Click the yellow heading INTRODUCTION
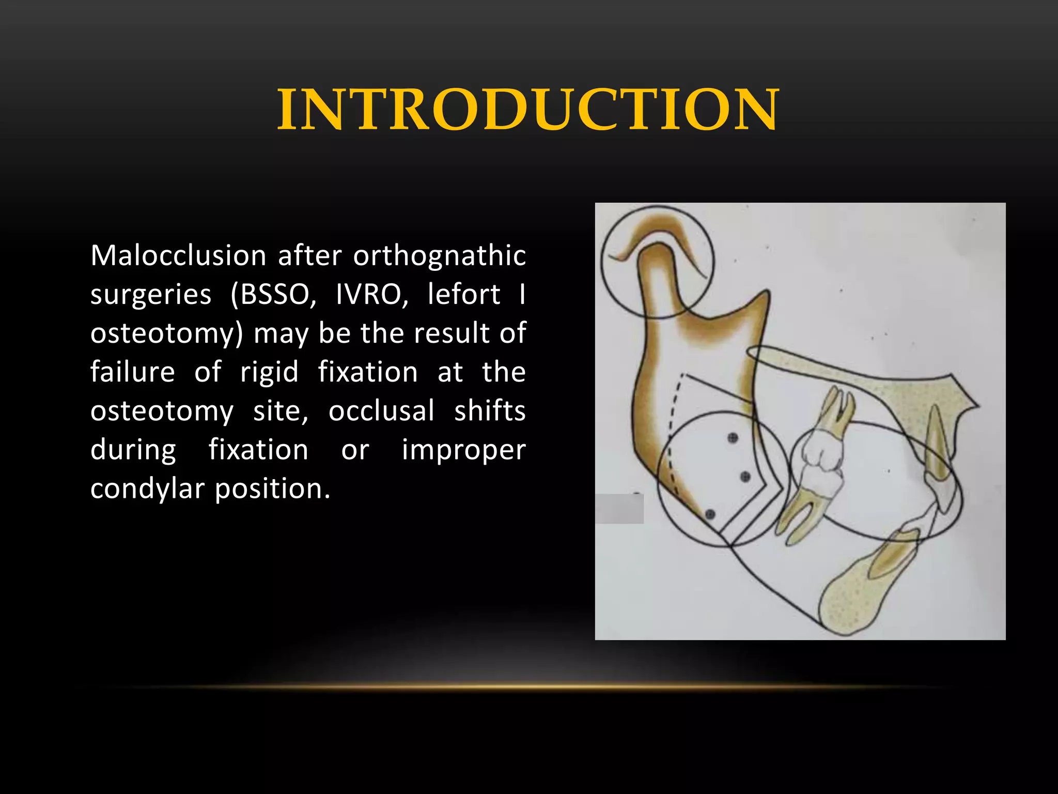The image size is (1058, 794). click(x=528, y=110)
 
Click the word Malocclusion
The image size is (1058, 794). click(x=178, y=256)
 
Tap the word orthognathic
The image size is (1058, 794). click(x=439, y=256)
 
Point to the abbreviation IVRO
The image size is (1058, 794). click(x=372, y=295)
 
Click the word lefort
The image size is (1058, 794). click(x=464, y=295)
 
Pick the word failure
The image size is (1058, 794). click(x=133, y=372)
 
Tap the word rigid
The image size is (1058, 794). click(x=269, y=372)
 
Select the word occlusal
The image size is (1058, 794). click(x=381, y=411)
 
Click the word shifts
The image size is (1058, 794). click(x=490, y=411)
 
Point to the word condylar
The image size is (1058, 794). click(x=147, y=489)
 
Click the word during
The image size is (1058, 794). click(x=133, y=450)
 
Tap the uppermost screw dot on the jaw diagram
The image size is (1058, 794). click(x=732, y=438)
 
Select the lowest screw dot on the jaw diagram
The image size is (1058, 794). click(x=710, y=514)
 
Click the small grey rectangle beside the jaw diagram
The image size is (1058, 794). click(x=619, y=509)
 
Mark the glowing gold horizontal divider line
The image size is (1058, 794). click(x=529, y=687)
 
